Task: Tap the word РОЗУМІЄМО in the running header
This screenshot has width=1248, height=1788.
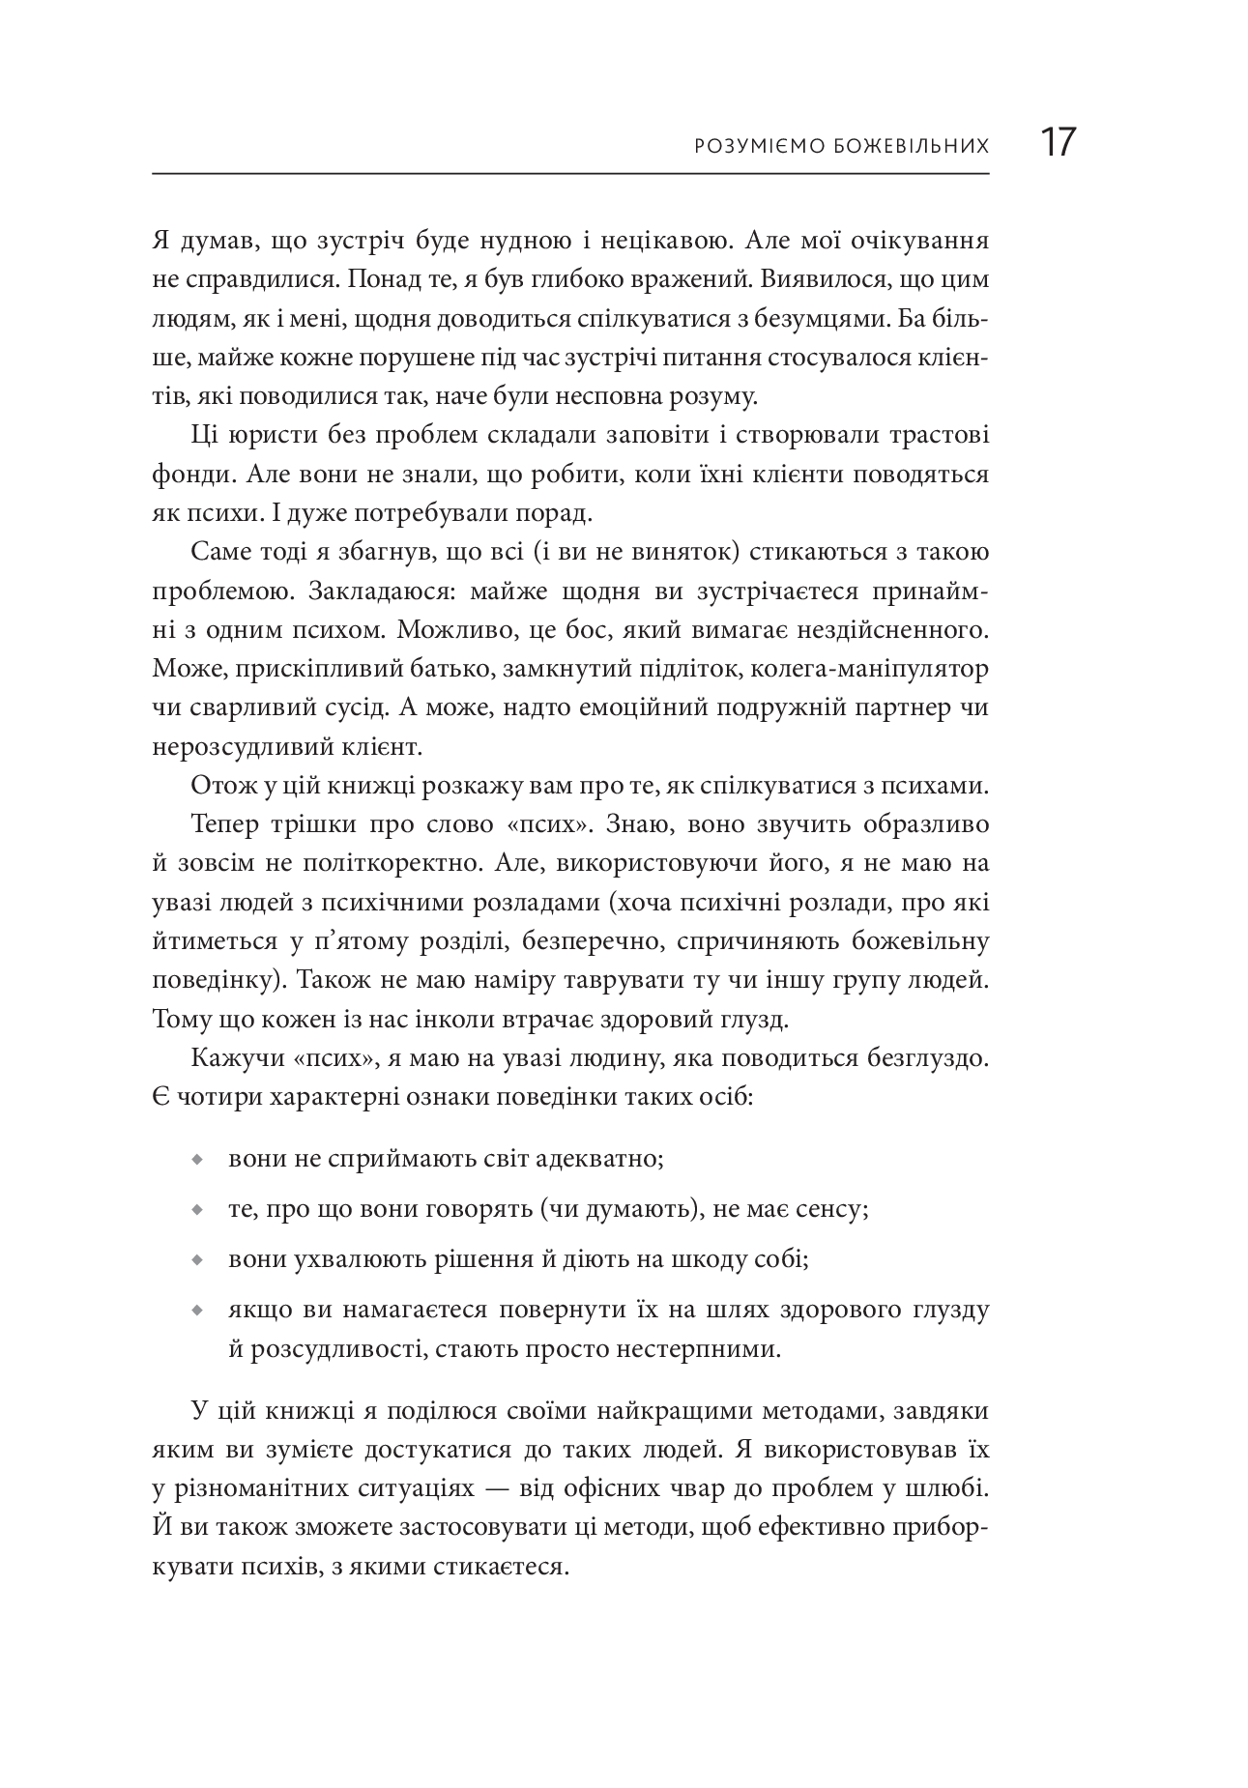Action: [x=759, y=147]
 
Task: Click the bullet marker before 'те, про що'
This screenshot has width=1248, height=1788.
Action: [x=197, y=1210]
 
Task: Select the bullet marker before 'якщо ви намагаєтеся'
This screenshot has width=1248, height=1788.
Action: [x=197, y=1312]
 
